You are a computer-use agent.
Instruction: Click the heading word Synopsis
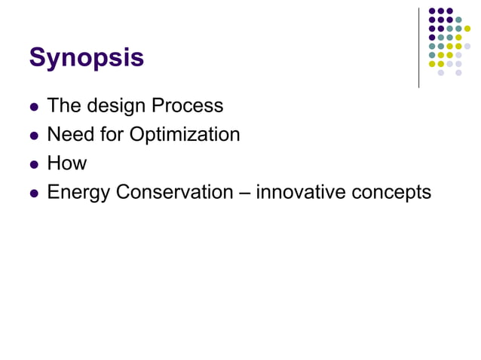86,57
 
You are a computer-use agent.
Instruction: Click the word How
67,163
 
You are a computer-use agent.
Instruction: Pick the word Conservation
174,192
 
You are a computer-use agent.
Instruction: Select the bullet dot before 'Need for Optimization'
33,136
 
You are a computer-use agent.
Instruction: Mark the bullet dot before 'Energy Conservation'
33,194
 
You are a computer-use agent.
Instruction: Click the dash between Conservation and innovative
244,193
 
